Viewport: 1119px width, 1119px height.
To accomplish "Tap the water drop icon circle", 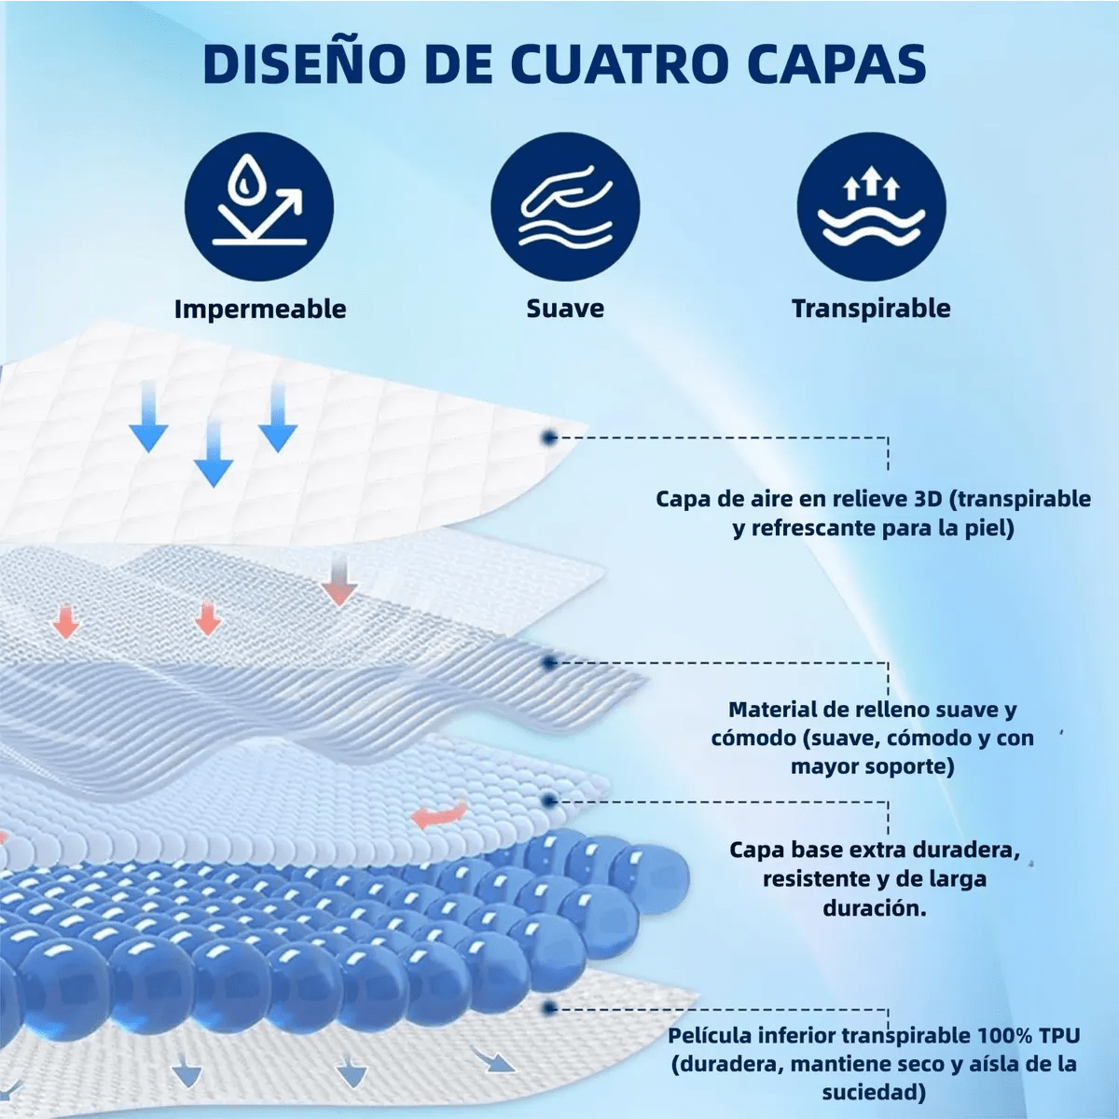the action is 259,206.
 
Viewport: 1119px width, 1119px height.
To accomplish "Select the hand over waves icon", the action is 565,206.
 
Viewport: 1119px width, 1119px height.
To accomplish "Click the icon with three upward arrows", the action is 871,206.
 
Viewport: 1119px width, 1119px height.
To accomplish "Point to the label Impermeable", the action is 260,309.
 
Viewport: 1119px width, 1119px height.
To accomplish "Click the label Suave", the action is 565,308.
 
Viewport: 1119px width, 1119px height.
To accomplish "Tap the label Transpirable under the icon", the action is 871,309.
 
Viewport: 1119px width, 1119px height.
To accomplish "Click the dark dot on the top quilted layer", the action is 548,437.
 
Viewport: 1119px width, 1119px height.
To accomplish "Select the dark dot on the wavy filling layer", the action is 548,663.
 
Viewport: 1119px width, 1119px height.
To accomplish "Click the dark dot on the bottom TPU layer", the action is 548,1007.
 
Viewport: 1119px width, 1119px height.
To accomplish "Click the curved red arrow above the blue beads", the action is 438,813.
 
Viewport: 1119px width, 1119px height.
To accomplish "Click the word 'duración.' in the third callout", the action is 875,907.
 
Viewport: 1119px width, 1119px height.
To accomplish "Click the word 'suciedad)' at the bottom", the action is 874,1092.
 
